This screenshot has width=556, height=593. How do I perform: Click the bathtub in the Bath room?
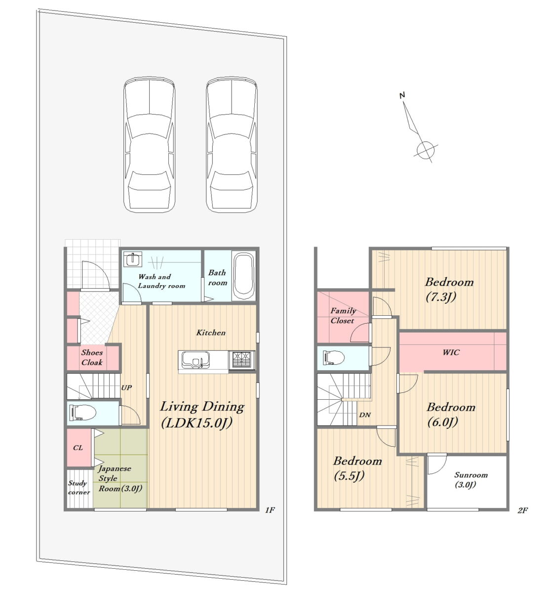click(x=243, y=276)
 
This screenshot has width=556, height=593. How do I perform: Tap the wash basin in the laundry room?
click(x=132, y=259)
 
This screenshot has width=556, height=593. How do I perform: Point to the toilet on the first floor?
click(x=82, y=412)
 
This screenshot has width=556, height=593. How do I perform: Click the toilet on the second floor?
click(x=334, y=357)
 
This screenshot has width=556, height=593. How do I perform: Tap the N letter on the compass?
click(x=402, y=95)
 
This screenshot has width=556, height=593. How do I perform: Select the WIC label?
click(x=451, y=352)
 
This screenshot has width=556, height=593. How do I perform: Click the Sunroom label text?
click(x=471, y=475)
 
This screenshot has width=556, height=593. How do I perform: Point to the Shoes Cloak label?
click(x=92, y=357)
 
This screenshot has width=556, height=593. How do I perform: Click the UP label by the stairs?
click(x=126, y=387)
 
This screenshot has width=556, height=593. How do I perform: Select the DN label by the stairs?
click(x=365, y=415)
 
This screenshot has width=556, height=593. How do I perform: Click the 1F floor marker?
click(x=270, y=510)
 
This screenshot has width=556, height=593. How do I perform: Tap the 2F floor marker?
click(x=522, y=510)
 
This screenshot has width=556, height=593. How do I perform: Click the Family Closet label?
click(x=343, y=316)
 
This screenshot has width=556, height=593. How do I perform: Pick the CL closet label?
click(x=78, y=448)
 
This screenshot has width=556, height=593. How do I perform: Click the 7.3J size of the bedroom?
click(x=441, y=297)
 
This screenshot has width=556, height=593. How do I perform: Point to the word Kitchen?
click(x=211, y=333)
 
